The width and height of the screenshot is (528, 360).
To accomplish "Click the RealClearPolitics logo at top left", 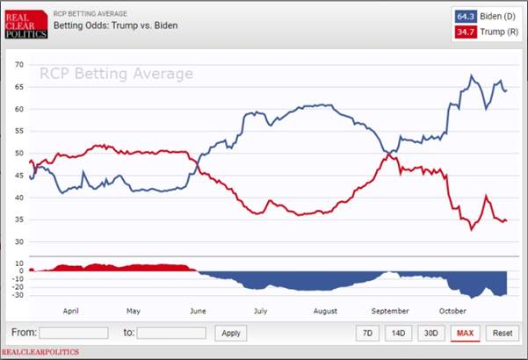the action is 26,25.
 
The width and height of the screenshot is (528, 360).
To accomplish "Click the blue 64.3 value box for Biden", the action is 466,17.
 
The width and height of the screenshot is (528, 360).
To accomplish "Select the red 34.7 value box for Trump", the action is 466,32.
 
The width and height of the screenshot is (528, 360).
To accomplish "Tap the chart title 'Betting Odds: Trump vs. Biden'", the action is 115,25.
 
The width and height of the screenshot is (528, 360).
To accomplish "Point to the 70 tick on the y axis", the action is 19,65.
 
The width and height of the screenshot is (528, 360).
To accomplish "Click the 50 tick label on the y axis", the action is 19,153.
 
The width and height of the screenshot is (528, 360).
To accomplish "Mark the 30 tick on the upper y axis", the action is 19,242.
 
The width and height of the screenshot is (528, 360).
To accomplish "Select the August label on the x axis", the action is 325,311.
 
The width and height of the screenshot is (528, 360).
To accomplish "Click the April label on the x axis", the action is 70,311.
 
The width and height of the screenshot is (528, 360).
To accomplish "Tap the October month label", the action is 452,311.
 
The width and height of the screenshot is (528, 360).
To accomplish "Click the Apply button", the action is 231,333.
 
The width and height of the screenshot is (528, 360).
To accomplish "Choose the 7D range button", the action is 367,333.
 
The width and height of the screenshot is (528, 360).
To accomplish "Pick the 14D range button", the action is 398,333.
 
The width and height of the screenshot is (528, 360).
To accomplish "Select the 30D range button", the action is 431,333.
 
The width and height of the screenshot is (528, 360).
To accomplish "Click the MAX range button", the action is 465,333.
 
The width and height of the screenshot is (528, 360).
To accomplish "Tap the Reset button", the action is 503,333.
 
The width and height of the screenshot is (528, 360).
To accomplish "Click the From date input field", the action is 74,333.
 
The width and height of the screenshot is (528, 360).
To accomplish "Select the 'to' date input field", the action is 171,333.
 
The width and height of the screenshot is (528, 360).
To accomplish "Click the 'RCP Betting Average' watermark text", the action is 117,74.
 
